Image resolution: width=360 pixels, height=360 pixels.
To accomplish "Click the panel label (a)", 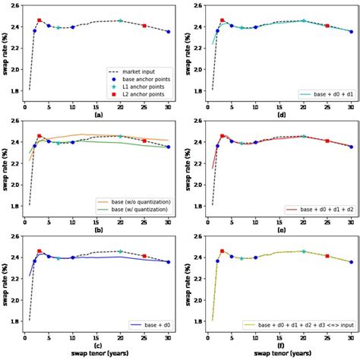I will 98,114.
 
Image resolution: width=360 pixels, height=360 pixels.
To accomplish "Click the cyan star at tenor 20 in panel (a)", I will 121,21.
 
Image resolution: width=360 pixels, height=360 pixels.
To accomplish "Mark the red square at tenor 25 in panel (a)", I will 144,26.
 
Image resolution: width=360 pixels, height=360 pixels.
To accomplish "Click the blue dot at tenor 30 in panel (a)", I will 169,32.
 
